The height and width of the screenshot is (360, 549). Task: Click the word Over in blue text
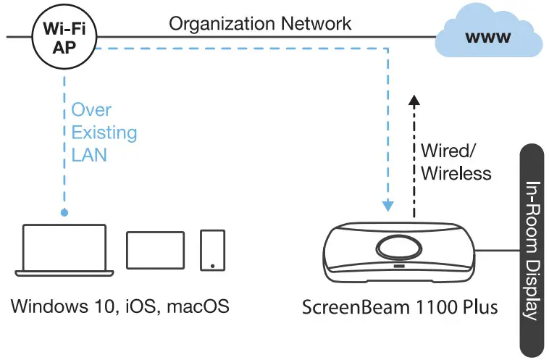tap(91, 110)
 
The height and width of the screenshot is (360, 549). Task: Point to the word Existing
tap(104, 133)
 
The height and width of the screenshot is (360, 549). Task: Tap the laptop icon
tap(64, 250)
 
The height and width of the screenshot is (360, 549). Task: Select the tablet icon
tap(155, 251)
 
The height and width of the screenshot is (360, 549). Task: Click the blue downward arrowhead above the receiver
tap(390, 206)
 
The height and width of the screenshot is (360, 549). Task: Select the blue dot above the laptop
tap(64, 213)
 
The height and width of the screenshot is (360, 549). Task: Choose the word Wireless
tap(456, 173)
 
